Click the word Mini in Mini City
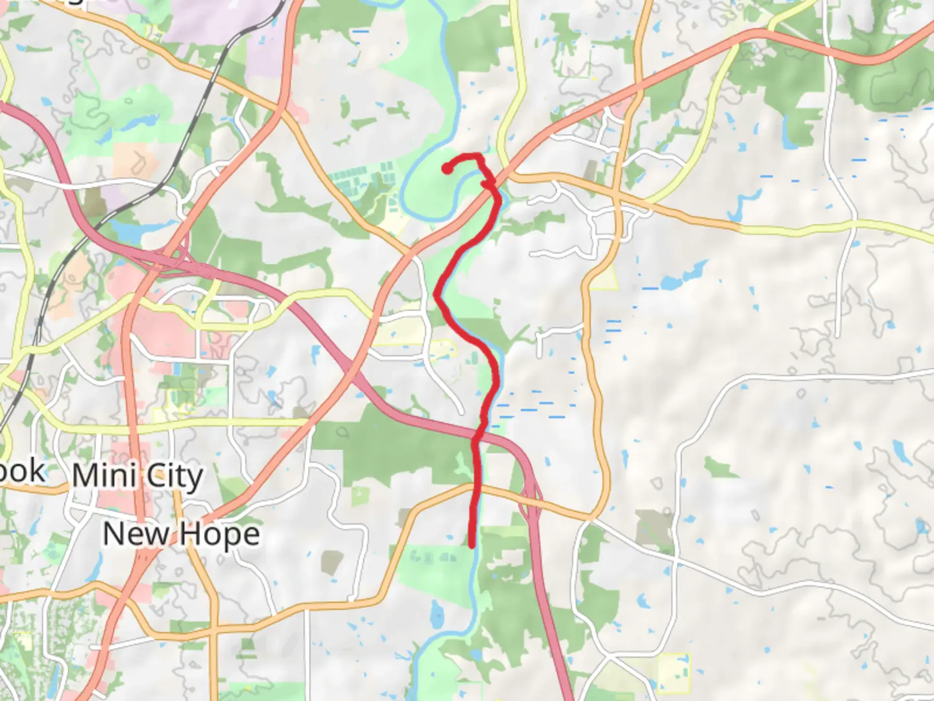pos(104,476)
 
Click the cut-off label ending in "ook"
pos(23,472)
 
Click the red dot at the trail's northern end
pos(446,169)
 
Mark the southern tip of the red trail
pos(472,546)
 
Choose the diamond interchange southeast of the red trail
pos(531,497)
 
